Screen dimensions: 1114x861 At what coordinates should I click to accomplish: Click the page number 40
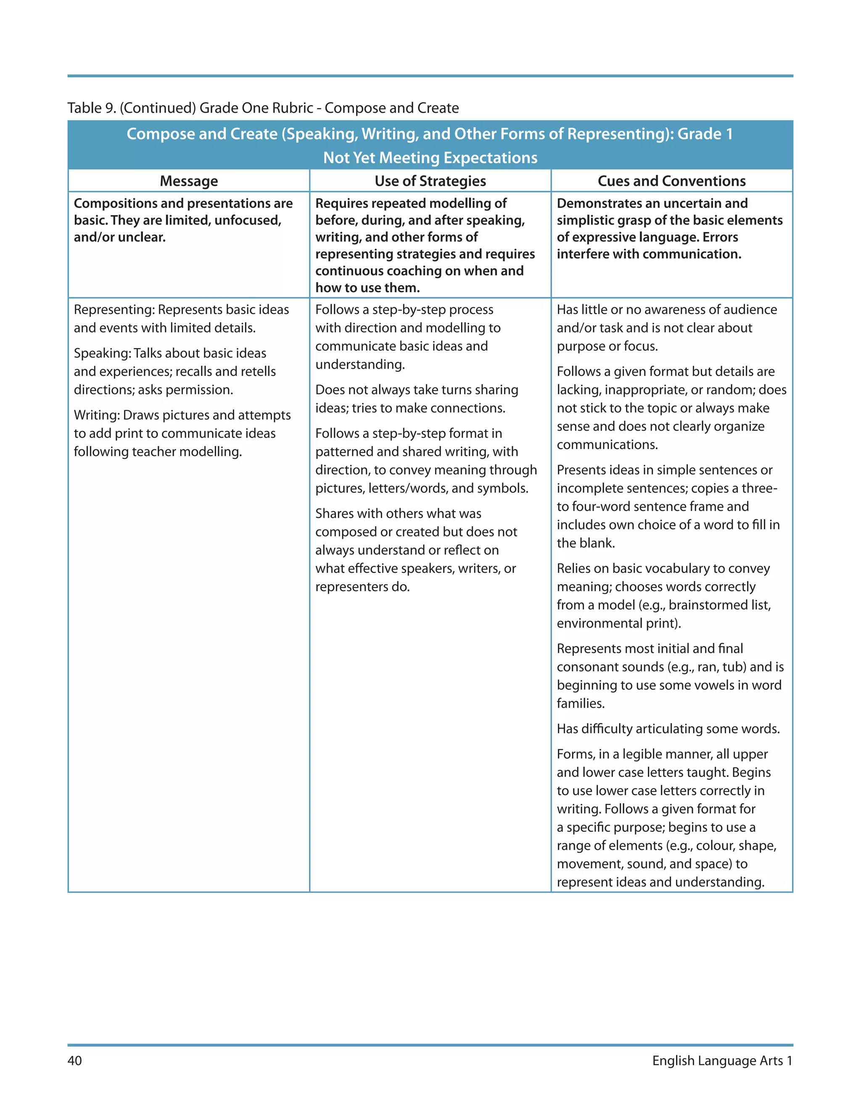[x=74, y=1061]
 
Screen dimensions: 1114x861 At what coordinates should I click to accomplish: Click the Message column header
[x=189, y=181]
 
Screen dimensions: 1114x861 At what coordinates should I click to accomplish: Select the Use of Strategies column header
[x=430, y=181]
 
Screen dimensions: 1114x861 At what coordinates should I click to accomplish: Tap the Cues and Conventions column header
[x=671, y=181]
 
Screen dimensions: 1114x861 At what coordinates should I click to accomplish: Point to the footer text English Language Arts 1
[x=722, y=1061]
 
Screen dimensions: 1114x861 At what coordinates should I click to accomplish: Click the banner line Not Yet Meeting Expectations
[x=430, y=158]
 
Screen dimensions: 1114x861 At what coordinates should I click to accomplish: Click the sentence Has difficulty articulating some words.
[x=668, y=729]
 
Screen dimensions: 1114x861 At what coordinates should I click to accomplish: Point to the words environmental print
[x=617, y=623]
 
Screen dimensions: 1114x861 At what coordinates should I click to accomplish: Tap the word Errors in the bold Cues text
[x=720, y=237]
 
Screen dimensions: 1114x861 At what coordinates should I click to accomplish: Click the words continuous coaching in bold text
[x=378, y=271]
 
